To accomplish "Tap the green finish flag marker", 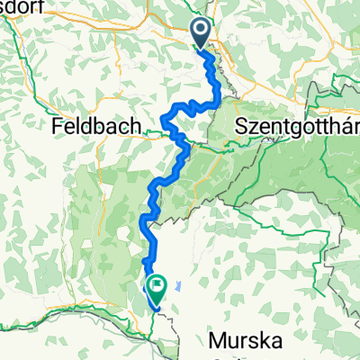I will (x=158, y=288).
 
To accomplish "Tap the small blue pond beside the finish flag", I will (x=179, y=286).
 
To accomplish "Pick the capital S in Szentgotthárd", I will (x=239, y=128).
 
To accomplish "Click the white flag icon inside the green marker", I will (x=158, y=287).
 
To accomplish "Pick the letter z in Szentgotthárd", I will (x=250, y=129).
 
